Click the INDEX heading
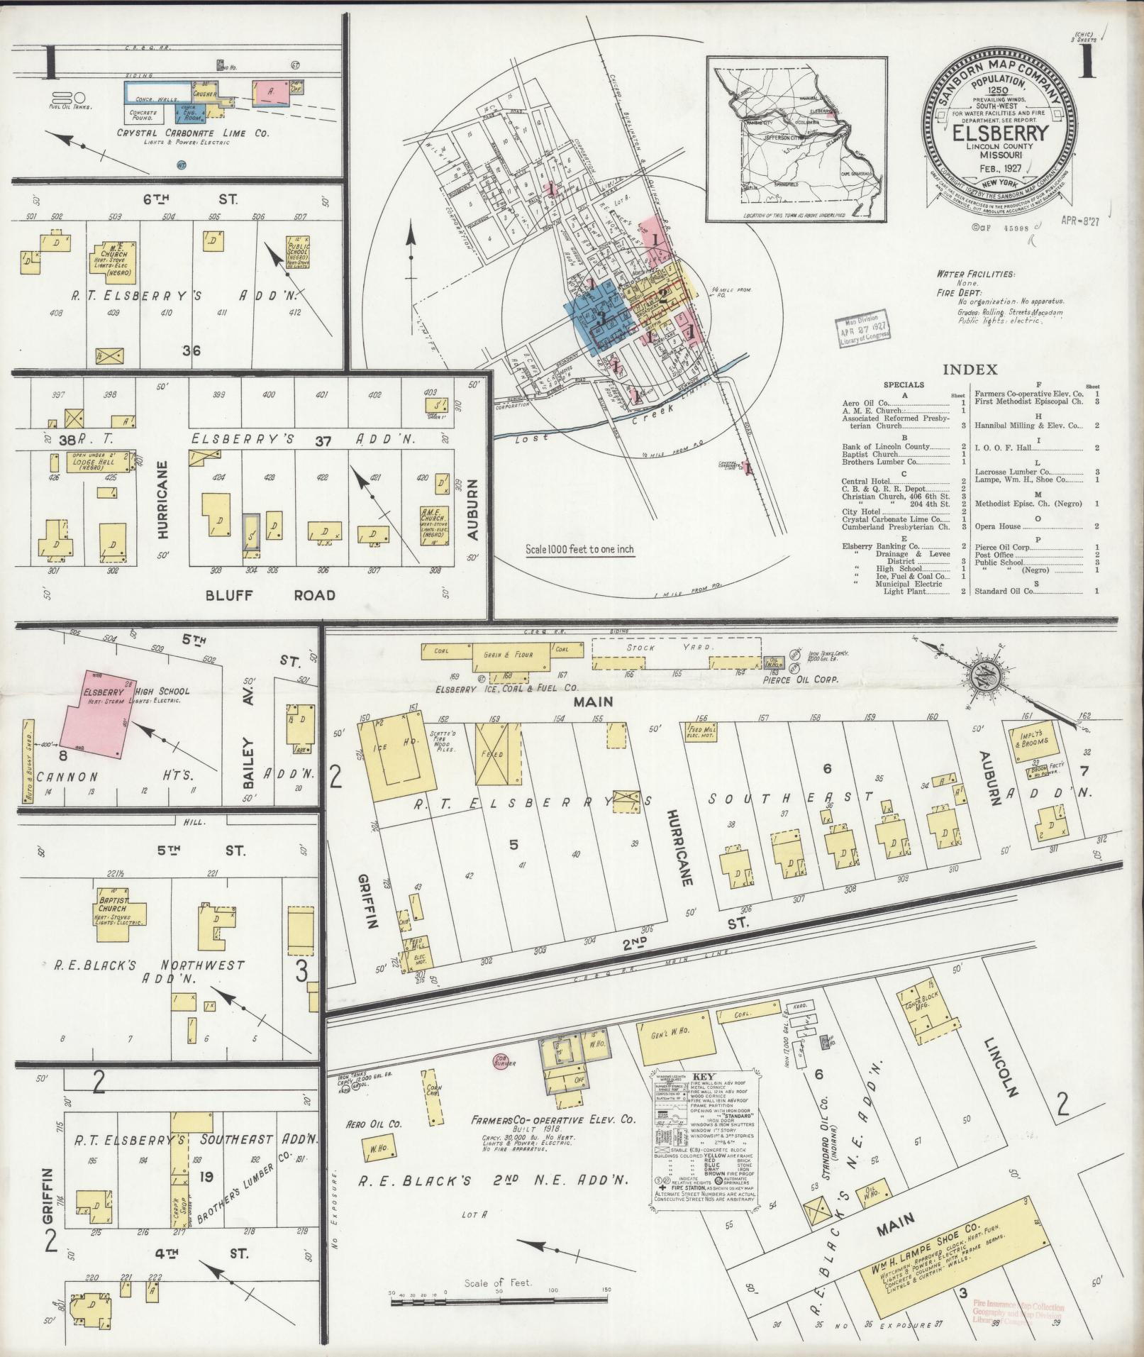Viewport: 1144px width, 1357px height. click(x=970, y=370)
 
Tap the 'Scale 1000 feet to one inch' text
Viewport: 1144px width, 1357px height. click(x=579, y=549)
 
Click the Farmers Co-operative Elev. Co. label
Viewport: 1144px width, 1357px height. click(x=554, y=1120)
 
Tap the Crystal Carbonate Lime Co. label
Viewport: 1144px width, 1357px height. click(x=193, y=133)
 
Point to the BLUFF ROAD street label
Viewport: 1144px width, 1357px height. click(x=270, y=594)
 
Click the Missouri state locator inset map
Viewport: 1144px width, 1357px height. click(x=794, y=135)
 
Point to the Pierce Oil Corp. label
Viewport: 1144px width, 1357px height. click(x=801, y=679)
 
